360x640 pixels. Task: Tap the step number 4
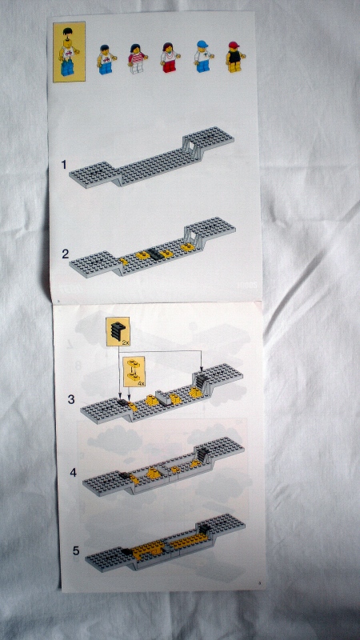click(x=73, y=473)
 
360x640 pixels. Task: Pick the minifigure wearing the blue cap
click(x=202, y=57)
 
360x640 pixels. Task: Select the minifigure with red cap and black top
click(x=234, y=57)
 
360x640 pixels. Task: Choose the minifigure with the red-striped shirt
click(x=136, y=58)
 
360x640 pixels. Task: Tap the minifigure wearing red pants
click(x=169, y=58)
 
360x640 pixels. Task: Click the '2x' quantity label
click(x=126, y=342)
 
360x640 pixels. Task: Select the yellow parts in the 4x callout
click(x=134, y=370)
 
